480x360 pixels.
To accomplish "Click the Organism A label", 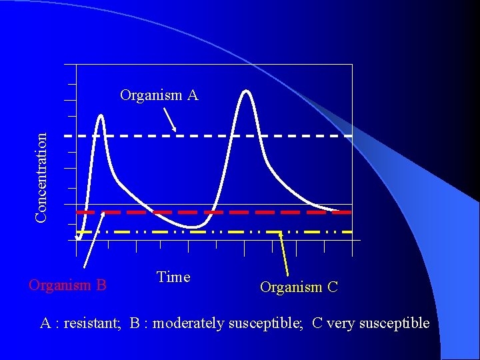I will coord(159,95).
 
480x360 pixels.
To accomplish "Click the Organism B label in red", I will coord(67,285).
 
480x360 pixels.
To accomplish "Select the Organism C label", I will coord(299,287).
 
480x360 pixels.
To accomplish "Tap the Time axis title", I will coord(173,277).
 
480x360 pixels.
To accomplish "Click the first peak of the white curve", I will coord(101,117).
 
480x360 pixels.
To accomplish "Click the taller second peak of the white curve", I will coord(247,92).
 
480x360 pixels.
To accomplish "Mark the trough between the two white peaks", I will coord(193,227).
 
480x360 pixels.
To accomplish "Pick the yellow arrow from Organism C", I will coord(284,253).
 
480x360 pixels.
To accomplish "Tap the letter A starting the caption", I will coord(45,323).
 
